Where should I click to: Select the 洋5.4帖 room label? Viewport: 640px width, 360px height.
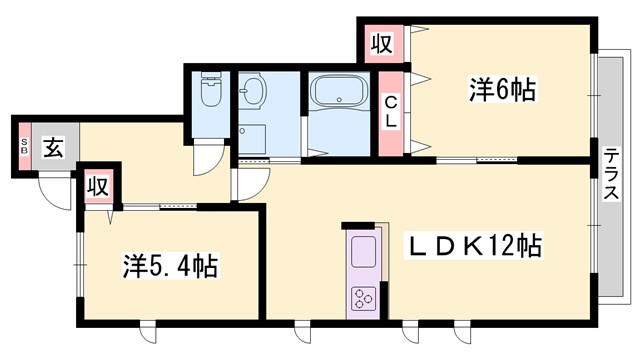tap(170, 267)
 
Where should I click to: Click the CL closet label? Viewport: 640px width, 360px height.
tap(392, 110)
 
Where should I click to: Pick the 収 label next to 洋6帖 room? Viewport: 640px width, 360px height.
tap(381, 44)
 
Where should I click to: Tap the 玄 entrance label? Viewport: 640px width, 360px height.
tap(53, 149)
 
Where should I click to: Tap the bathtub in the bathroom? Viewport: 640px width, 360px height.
tap(339, 98)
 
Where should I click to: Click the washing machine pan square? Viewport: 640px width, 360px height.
tap(253, 140)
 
